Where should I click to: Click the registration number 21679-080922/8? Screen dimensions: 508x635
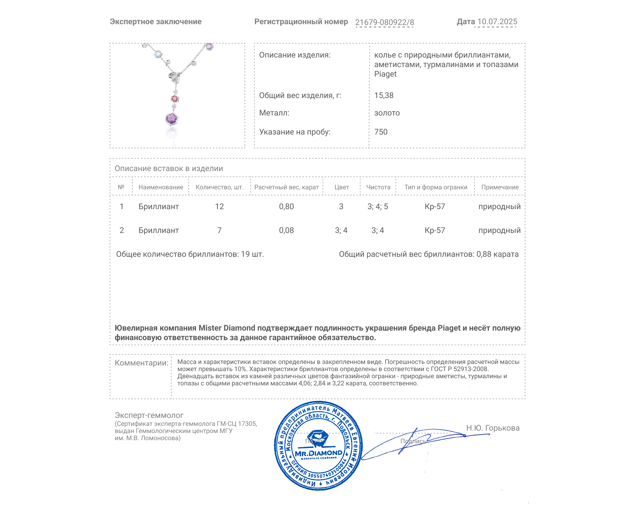[x=384, y=22]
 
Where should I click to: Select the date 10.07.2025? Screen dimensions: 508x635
[x=497, y=22]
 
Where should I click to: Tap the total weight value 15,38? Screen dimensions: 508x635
[x=384, y=95]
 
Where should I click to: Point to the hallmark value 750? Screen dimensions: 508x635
[x=381, y=132]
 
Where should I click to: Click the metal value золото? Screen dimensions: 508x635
[x=387, y=113]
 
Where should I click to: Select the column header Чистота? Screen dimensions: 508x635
[x=378, y=187]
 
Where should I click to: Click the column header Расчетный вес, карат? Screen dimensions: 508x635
[x=287, y=187]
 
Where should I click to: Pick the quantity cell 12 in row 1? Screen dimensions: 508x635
[x=219, y=206]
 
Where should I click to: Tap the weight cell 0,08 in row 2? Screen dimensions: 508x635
[x=287, y=230]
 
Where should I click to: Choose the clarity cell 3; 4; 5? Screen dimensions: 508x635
[x=378, y=206]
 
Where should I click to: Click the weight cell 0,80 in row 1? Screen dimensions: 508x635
[x=287, y=206]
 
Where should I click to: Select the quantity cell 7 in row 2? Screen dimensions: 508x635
[x=219, y=230]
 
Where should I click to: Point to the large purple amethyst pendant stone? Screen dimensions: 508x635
[x=172, y=118]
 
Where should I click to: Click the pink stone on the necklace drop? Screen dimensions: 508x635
[x=175, y=98]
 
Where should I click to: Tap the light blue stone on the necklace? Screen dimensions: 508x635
[x=158, y=54]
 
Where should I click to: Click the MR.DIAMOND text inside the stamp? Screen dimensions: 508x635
[x=318, y=453]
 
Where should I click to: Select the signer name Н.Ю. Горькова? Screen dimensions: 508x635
[x=493, y=428]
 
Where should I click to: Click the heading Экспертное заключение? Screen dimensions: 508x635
[x=156, y=22]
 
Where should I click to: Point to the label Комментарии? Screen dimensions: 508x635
[x=141, y=363]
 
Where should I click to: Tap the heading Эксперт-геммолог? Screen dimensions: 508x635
[x=149, y=415]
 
